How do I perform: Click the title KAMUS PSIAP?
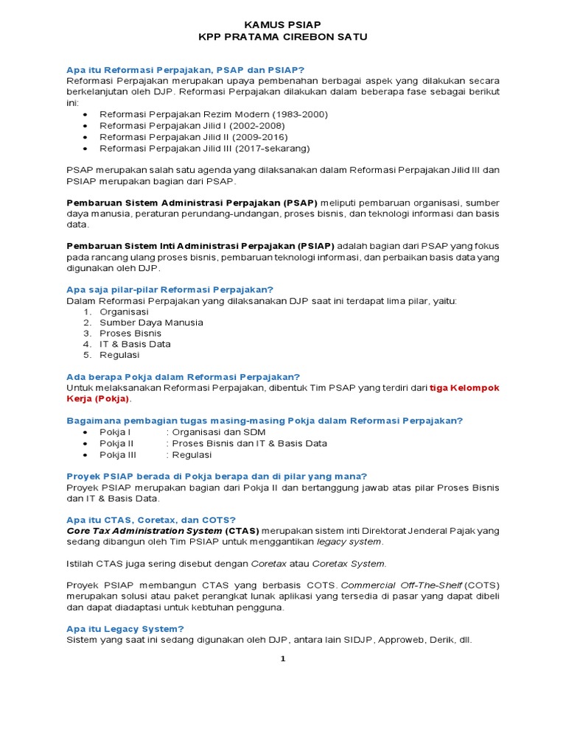pyautogui.click(x=283, y=24)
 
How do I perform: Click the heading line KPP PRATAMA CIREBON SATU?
pyautogui.click(x=283, y=37)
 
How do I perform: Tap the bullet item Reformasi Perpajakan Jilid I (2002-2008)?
pyautogui.click(x=192, y=126)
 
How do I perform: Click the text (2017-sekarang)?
pyautogui.click(x=266, y=148)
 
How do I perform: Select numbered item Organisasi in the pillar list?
pyautogui.click(x=124, y=311)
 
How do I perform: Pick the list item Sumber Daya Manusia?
pyautogui.click(x=151, y=323)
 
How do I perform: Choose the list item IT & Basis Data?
pyautogui.click(x=135, y=344)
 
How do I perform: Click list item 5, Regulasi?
pyautogui.click(x=119, y=355)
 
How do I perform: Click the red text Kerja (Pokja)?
pyautogui.click(x=99, y=398)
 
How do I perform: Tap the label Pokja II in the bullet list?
pyautogui.click(x=116, y=443)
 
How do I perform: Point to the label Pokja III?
pyautogui.click(x=118, y=454)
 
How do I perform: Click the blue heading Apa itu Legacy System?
pyautogui.click(x=125, y=629)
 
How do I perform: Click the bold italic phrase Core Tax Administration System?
pyautogui.click(x=144, y=531)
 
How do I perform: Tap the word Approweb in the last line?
pyautogui.click(x=380, y=640)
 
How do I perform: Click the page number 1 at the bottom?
pyautogui.click(x=282, y=659)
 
